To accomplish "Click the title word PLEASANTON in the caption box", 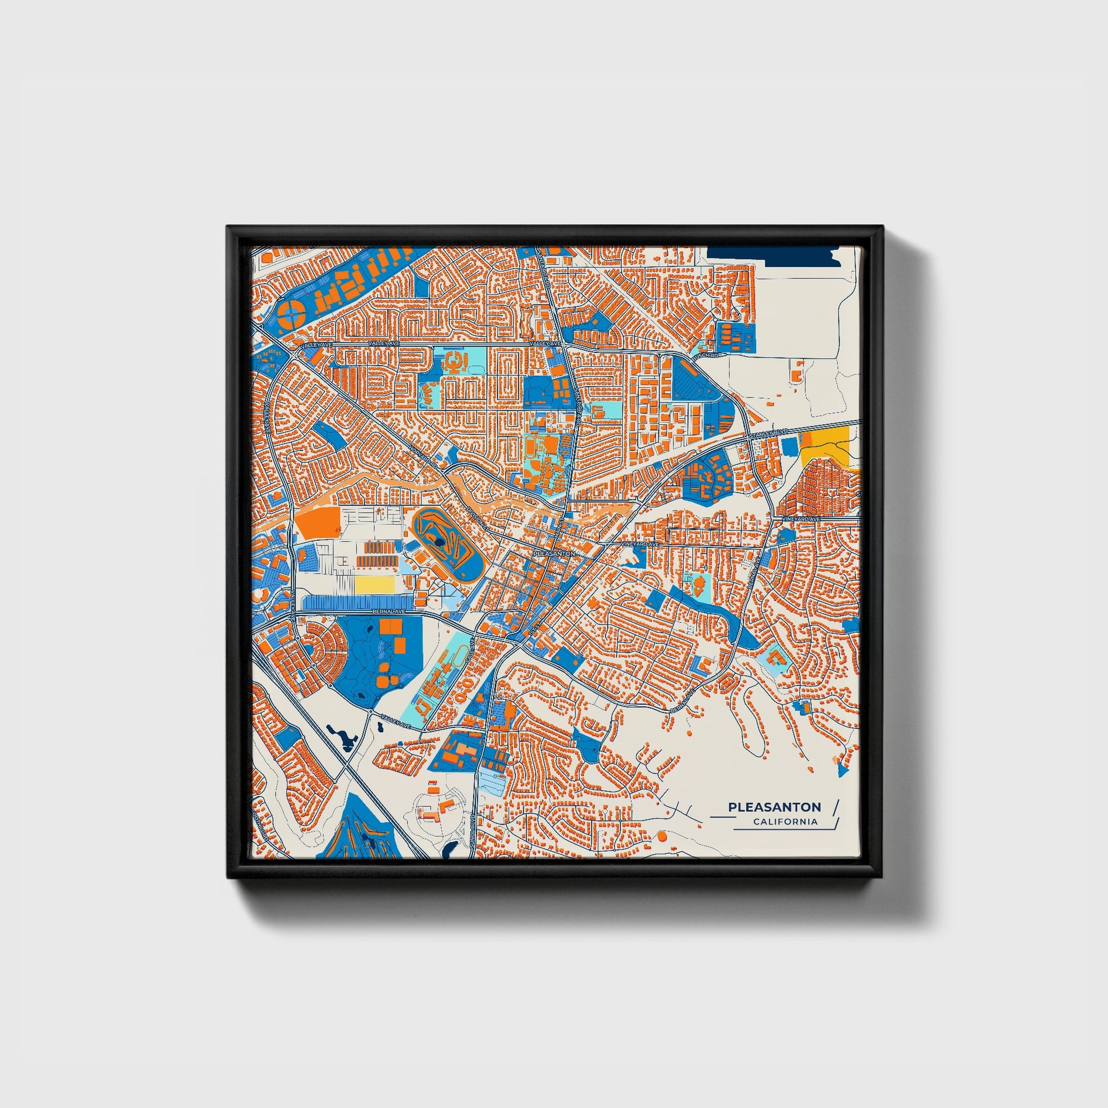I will (774, 807).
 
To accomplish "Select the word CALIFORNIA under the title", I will (785, 822).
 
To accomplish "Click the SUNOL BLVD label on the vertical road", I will (473, 827).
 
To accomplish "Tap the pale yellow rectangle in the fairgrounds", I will (375, 584).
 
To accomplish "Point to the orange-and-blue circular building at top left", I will (293, 313).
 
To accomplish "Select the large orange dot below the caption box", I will (662, 837).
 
